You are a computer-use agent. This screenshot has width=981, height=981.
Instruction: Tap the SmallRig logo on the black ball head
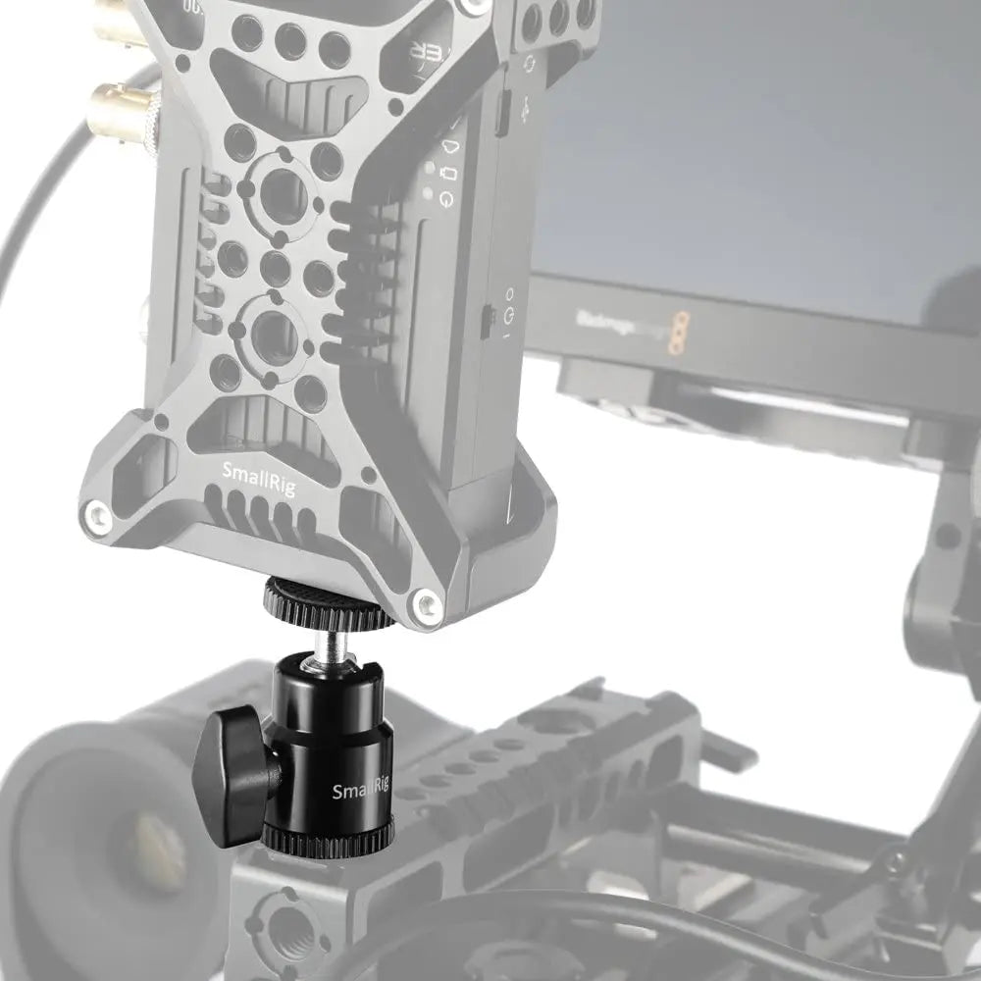click(360, 791)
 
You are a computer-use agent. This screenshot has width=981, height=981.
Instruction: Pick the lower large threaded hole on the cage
click(274, 335)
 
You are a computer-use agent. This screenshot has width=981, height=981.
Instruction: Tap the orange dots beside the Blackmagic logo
click(676, 333)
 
